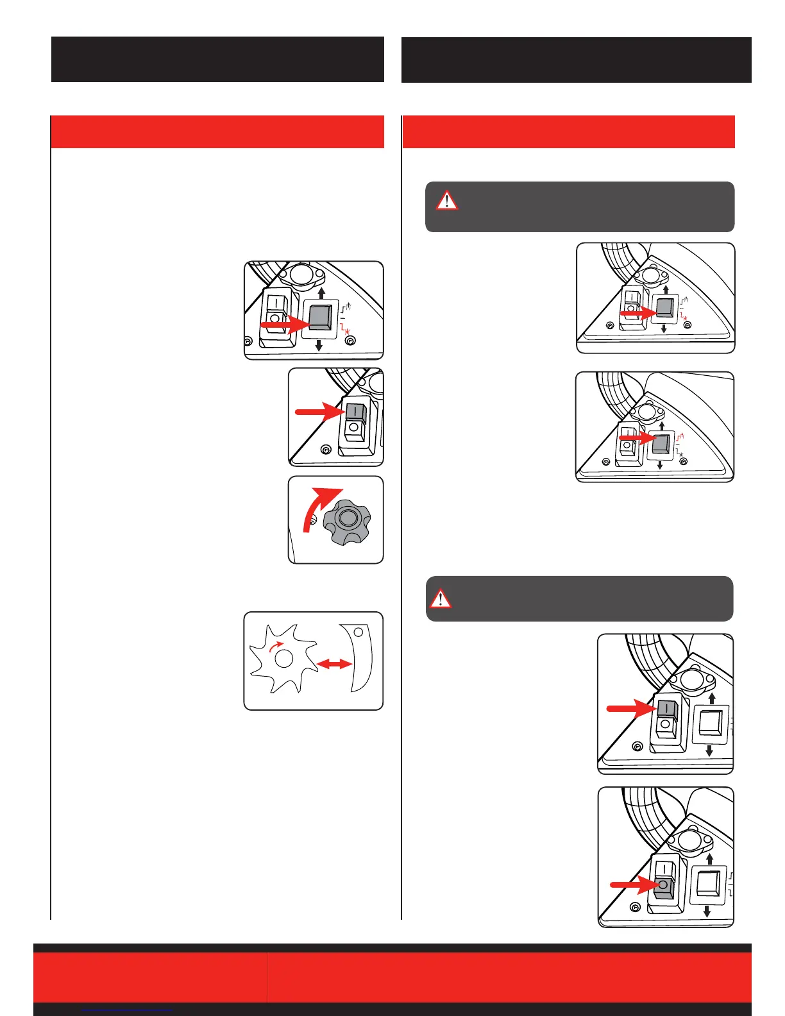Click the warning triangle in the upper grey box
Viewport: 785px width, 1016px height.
click(447, 200)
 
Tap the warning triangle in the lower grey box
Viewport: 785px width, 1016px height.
click(440, 598)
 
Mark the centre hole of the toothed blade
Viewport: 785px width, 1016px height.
click(283, 659)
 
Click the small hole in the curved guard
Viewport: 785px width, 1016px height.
click(359, 632)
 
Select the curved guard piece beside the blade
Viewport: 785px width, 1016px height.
click(359, 661)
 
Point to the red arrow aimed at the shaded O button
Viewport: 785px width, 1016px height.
click(632, 885)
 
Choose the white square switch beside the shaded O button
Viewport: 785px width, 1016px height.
click(707, 885)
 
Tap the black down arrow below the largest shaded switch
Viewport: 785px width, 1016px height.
click(319, 345)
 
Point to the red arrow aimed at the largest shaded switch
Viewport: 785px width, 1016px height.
click(285, 325)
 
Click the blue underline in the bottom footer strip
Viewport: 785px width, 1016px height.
click(128, 1010)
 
